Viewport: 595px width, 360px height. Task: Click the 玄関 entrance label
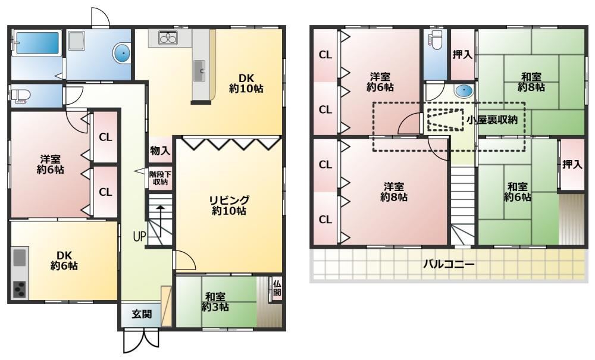point(142,314)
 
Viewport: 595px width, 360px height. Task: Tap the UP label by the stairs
point(139,237)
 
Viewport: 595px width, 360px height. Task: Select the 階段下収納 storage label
point(160,178)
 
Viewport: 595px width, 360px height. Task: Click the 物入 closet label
point(160,151)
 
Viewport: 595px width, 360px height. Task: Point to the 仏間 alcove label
point(277,288)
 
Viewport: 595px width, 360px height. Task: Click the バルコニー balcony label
point(449,264)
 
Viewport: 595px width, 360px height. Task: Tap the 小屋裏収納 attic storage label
point(492,120)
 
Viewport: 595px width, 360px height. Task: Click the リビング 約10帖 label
point(229,205)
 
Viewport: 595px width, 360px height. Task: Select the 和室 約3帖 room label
point(215,302)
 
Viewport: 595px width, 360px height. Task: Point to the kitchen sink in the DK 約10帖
point(199,71)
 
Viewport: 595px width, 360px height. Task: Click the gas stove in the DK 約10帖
point(168,38)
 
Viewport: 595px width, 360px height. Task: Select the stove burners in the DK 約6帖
point(19,289)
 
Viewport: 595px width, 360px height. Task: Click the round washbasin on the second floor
point(464,91)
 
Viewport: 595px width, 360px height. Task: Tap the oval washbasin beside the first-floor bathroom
point(122,53)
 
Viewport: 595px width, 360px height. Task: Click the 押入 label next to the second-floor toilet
point(462,55)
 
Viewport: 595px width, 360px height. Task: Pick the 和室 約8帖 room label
point(531,82)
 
